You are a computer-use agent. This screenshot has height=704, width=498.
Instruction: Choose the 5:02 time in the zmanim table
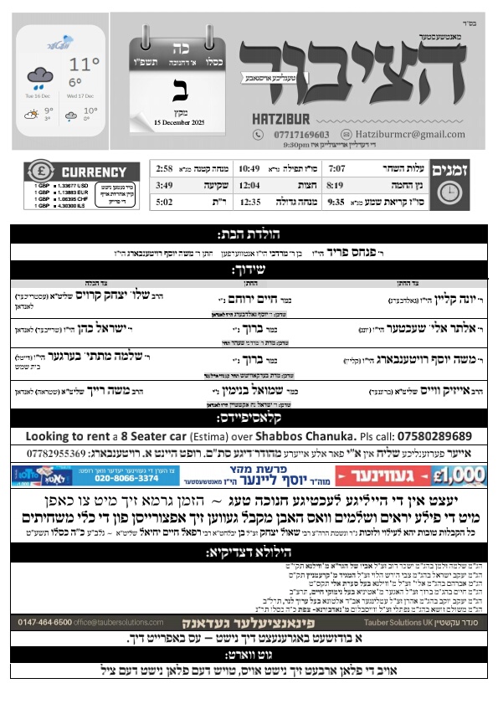187,202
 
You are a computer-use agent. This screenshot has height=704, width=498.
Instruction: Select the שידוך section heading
248,270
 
